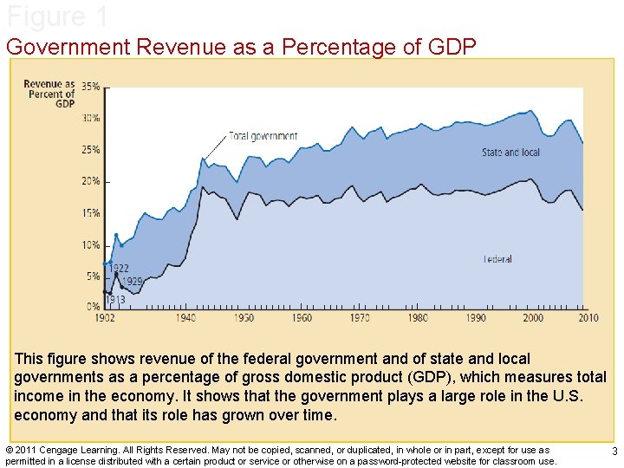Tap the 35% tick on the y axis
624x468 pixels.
click(x=90, y=87)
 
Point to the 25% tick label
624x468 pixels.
click(x=90, y=150)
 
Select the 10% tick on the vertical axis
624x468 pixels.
click(x=90, y=245)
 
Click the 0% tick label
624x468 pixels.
click(x=93, y=307)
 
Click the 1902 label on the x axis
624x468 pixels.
click(x=105, y=318)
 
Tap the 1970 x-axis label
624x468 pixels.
click(x=360, y=318)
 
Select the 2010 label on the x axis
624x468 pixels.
click(x=588, y=318)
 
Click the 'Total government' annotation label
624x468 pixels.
click(x=263, y=136)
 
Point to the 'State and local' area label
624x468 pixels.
click(x=510, y=153)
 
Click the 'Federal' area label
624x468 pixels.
click(x=497, y=259)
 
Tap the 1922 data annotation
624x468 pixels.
click(x=120, y=269)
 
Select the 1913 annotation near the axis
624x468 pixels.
click(x=116, y=300)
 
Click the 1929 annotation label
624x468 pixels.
click(x=132, y=282)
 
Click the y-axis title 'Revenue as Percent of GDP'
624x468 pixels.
click(x=51, y=94)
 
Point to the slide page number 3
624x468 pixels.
click(x=614, y=452)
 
